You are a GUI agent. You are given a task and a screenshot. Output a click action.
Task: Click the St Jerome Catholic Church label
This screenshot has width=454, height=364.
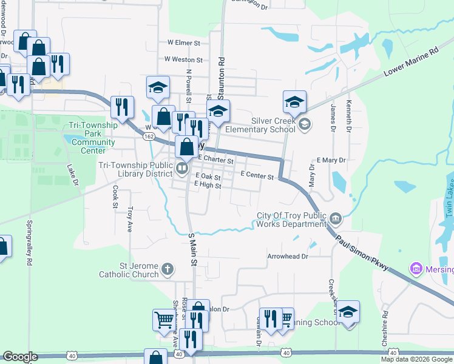click(x=130, y=270)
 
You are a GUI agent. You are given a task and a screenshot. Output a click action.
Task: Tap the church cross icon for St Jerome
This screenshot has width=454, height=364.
click(x=168, y=268)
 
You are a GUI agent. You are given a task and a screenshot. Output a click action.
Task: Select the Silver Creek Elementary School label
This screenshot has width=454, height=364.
click(x=260, y=124)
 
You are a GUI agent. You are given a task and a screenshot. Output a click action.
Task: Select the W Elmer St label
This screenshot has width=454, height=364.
click(x=184, y=43)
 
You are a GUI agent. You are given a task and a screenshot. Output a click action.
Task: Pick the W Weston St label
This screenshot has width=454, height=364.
click(x=183, y=60)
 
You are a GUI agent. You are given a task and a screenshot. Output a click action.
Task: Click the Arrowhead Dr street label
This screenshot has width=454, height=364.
click(x=288, y=257)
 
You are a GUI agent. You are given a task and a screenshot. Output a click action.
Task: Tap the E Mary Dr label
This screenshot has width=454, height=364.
click(x=330, y=160)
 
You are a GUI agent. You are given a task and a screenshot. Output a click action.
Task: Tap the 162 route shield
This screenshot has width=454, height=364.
click(x=148, y=137)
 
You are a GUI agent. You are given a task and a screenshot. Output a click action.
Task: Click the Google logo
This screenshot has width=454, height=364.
click(x=20, y=357)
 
